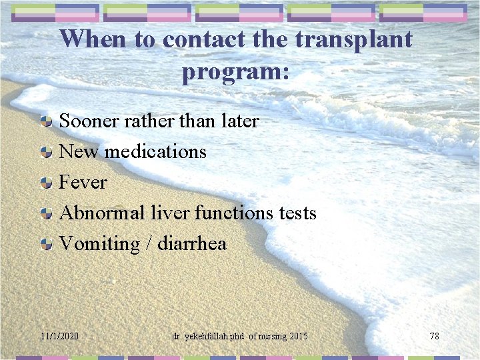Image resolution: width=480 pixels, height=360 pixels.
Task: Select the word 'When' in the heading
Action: pos(95,39)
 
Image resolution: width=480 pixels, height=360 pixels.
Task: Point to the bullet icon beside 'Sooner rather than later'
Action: pos(46,121)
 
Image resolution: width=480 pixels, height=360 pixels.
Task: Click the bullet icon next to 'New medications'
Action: pos(46,152)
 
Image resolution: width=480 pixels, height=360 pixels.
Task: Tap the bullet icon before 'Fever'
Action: pos(46,183)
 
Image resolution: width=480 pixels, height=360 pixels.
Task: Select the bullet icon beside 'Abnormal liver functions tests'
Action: pos(46,213)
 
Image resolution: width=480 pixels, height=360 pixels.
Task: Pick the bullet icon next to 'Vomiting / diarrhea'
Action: pos(46,244)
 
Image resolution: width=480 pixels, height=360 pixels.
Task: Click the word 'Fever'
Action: pos(83,182)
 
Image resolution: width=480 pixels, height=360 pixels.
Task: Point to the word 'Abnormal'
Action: pos(102,213)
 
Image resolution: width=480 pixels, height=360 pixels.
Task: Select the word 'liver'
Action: pos(170,213)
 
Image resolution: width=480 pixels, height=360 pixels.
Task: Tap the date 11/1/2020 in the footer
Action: pos(59,336)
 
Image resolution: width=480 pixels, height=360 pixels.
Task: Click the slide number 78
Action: pos(434,336)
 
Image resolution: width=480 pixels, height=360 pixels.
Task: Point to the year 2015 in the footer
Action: pos(298,336)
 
